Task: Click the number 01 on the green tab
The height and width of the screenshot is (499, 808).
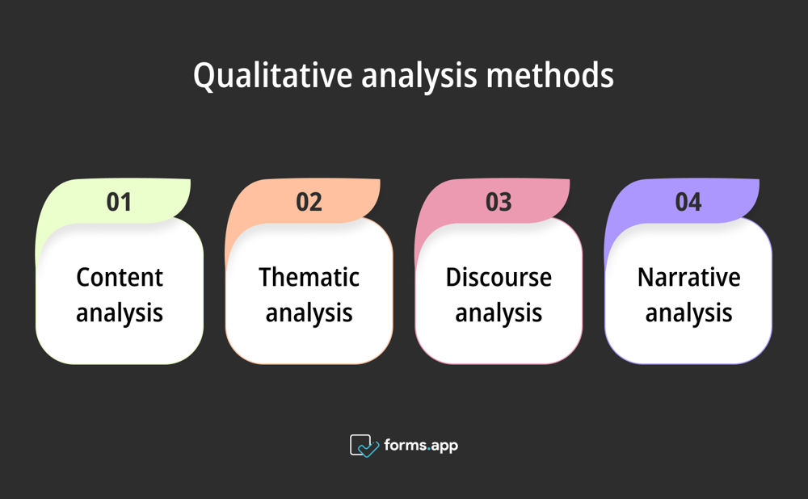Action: pos(119,201)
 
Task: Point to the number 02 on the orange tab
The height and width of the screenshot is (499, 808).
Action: pos(309,201)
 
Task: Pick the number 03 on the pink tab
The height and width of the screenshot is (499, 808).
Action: pos(499,201)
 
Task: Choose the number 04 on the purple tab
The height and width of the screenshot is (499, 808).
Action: pos(688,201)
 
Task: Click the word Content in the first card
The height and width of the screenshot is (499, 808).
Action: pos(120,277)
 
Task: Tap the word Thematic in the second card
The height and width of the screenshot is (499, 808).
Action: pos(309,277)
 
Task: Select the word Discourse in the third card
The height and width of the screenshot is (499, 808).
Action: pos(499,277)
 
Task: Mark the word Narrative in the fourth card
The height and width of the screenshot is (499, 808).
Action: pos(688,277)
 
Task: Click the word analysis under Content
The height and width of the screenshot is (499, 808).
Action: pos(120,312)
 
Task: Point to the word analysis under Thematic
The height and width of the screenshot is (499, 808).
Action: pos(309,312)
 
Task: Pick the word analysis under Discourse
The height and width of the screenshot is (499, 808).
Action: pos(499,312)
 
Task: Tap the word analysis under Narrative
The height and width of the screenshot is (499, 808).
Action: pos(688,312)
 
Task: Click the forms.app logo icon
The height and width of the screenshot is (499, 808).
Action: pos(364,446)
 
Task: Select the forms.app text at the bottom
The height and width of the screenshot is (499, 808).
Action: pos(421,445)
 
